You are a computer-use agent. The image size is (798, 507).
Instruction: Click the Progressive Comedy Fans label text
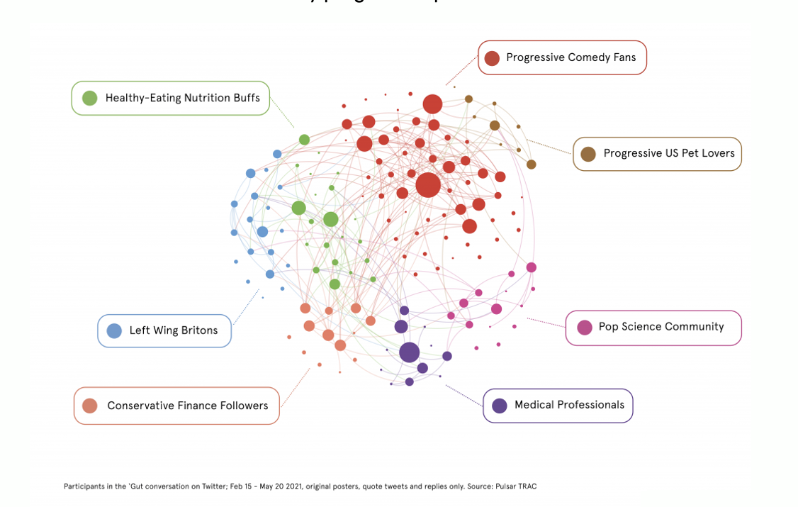[x=571, y=57]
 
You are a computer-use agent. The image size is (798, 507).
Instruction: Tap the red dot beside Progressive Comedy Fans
[x=492, y=58]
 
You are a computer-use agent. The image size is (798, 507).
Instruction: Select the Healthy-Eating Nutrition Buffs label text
[x=182, y=98]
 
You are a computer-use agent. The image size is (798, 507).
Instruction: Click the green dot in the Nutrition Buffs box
[x=89, y=99]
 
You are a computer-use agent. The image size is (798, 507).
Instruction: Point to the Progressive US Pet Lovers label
[x=668, y=153]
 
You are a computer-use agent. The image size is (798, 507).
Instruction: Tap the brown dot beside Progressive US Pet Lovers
[x=588, y=154]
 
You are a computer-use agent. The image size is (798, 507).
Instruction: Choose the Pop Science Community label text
[x=661, y=327]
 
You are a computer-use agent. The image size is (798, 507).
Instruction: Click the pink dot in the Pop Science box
[x=584, y=328]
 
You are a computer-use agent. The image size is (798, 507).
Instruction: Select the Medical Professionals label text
[x=569, y=405]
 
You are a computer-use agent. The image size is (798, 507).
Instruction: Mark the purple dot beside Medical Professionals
[x=499, y=406]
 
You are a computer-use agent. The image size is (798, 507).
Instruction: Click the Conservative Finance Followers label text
[x=187, y=406]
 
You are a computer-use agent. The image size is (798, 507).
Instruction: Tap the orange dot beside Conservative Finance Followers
[x=89, y=406]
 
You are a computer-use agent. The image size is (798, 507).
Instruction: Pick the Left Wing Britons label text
[x=173, y=330]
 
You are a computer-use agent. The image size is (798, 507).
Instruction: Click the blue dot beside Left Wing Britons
[x=113, y=330]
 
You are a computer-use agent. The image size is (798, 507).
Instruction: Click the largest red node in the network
[x=428, y=184]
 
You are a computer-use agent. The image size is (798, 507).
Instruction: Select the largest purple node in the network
[x=409, y=352]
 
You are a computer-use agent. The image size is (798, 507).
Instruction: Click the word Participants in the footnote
[x=80, y=486]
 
